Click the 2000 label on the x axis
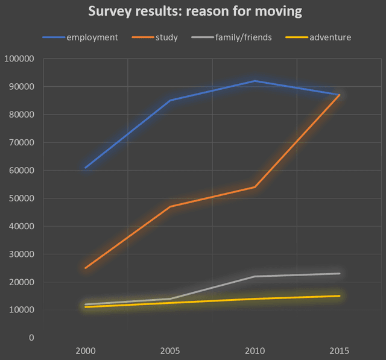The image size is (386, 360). point(86,350)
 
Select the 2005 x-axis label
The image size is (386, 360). point(170,350)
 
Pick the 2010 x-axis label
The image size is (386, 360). point(255,350)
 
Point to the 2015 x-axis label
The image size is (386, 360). point(340,350)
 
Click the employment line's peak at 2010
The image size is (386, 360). point(255,81)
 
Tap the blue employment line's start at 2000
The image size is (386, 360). point(86,168)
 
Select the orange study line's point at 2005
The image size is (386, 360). point(170,207)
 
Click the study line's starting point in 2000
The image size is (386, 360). point(86,268)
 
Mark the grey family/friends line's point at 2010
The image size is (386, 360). point(255,276)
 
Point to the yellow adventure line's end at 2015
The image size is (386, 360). point(340,296)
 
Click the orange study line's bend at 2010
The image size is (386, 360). point(255,187)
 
